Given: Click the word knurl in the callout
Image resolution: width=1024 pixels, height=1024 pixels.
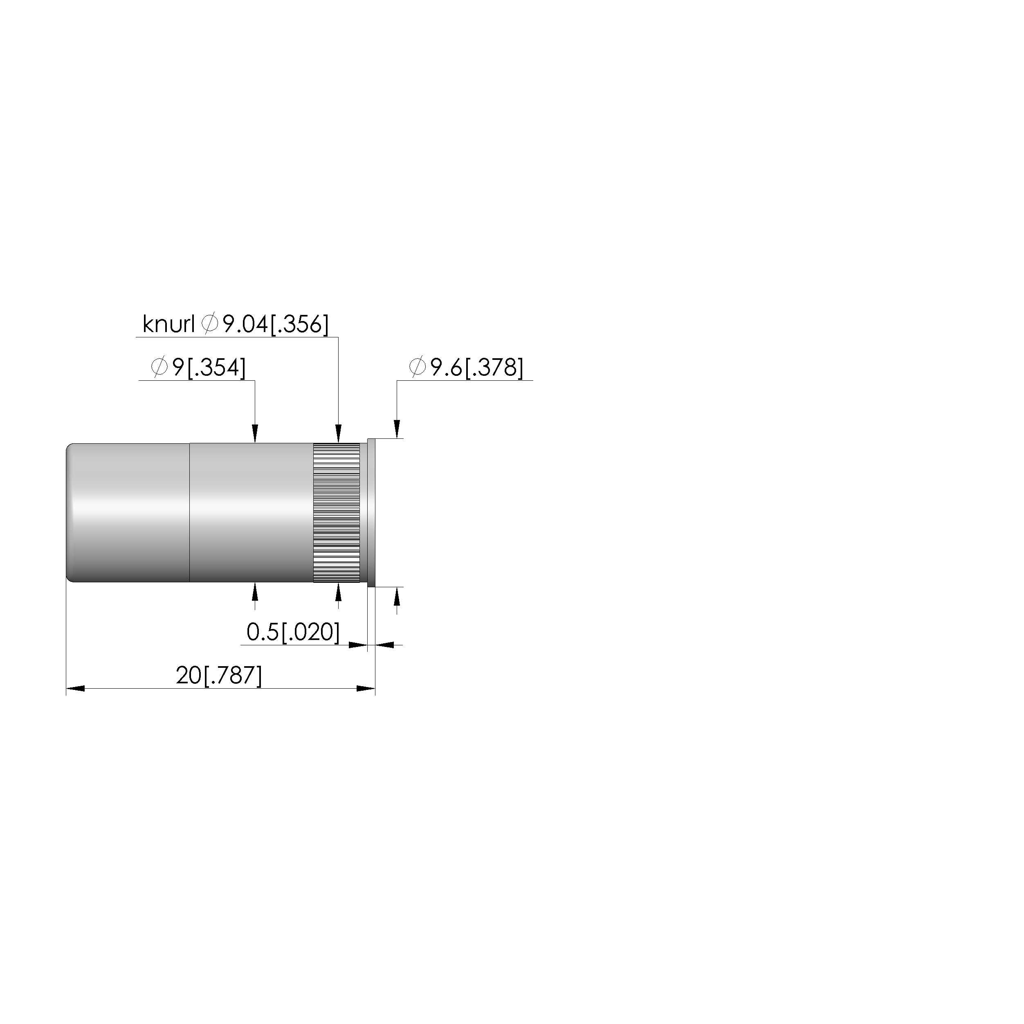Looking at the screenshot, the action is (168, 324).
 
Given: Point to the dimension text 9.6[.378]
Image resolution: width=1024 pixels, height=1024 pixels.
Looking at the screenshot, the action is (476, 368).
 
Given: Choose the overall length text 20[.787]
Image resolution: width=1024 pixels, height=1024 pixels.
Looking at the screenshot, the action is (219, 676).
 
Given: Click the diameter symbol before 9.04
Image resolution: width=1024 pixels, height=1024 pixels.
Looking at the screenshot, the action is (210, 324).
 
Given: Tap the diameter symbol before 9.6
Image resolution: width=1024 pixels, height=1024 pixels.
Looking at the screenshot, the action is (418, 367).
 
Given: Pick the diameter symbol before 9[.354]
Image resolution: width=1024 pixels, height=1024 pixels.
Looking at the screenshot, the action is (159, 367).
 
